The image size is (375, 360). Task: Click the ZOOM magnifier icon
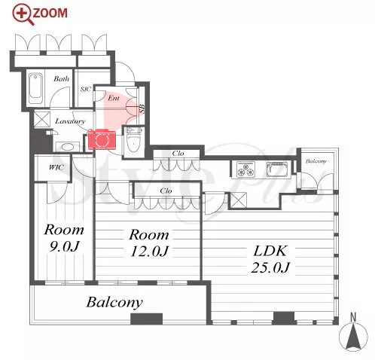pos(23,14)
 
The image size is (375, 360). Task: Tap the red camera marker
pos(102,139)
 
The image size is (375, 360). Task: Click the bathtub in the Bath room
pos(35,88)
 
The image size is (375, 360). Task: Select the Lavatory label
pos(70,121)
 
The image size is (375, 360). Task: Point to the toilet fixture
pos(134,142)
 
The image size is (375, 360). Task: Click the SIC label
pos(85,89)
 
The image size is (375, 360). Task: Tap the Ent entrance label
pos(114,98)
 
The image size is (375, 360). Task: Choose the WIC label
pos(56,167)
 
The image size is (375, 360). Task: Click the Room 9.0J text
pos(64,237)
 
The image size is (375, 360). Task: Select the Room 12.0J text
pos(149,243)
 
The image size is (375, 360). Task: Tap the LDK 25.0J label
pos(270,259)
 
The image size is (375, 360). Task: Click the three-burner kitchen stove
pos(246,169)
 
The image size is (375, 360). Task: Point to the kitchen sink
pos(276,169)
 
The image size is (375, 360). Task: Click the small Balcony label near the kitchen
pos(316,161)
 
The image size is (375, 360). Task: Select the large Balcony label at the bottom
pos(114,303)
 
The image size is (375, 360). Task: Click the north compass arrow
pos(353,337)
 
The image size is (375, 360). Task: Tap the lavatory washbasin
pos(67,147)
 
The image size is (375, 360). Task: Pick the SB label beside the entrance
pos(142,108)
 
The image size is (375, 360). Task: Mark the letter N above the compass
pos(353,317)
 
